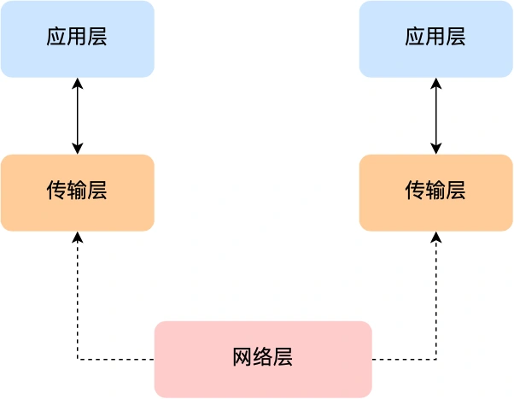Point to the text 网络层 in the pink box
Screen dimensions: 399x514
[263, 358]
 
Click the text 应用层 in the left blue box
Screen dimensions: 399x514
[77, 38]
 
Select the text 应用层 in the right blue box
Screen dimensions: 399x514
[435, 38]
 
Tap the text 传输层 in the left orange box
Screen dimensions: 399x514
[77, 191]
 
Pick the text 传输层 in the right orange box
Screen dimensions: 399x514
[435, 191]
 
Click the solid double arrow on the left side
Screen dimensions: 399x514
[78, 115]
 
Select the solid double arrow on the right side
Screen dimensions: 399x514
[436, 115]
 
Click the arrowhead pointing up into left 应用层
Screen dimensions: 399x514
[78, 84]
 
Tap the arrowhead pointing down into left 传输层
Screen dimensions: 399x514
[78, 149]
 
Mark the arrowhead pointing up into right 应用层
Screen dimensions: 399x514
[436, 84]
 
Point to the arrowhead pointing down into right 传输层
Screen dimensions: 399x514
[436, 149]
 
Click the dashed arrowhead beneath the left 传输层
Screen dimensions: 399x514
[78, 238]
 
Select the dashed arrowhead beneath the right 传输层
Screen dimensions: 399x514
[436, 238]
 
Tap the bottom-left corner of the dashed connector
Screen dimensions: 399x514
[78, 359]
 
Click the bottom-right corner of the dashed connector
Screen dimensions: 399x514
[436, 359]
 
